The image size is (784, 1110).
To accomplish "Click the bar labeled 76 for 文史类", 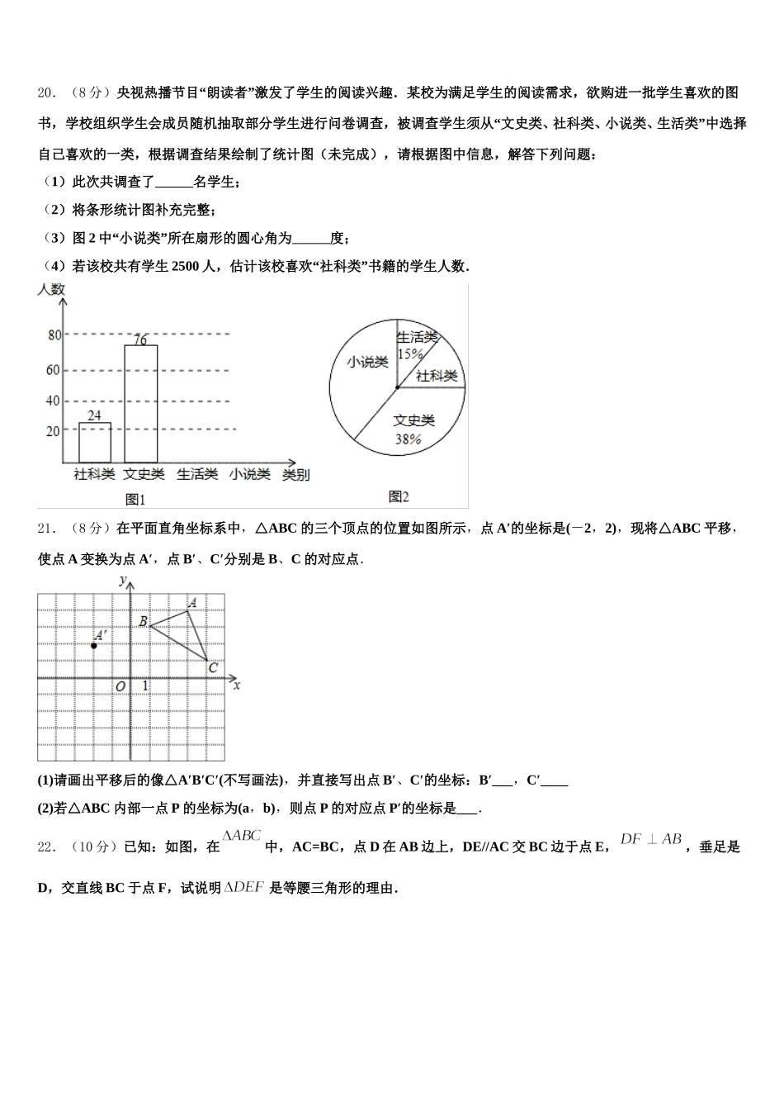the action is tap(140, 403).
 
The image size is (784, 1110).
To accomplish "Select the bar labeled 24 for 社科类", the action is tap(94, 443).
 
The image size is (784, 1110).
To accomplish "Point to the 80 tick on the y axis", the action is tap(54, 334).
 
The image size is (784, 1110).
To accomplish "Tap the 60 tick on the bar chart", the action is tap(54, 370).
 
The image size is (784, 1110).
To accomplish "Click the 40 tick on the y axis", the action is tap(54, 401).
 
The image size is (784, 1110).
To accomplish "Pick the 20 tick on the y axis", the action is tap(54, 430).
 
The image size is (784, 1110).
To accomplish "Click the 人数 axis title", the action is tap(51, 290).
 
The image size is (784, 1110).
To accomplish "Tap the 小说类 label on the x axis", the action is tap(249, 475).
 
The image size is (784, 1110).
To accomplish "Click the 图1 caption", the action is tap(135, 499).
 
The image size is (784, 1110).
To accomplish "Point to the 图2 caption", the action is tap(399, 496).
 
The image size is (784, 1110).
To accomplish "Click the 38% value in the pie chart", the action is tap(408, 439).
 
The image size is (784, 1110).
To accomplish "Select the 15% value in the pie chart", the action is tap(410, 353).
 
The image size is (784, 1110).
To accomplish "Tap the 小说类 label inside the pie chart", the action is tap(367, 362).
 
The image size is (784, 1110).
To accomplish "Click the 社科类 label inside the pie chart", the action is tap(437, 376).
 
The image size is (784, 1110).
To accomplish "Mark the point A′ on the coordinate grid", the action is tap(94, 645).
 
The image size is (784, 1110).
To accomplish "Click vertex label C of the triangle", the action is tap(213, 667).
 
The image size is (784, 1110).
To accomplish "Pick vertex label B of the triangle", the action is tap(143, 621).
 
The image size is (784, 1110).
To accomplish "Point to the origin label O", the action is tap(120, 686).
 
